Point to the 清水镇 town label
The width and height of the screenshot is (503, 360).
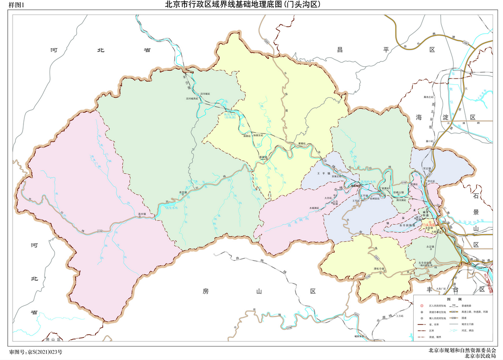(142, 215)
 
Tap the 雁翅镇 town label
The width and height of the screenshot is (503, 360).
(264, 157)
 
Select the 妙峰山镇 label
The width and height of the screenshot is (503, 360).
(399, 193)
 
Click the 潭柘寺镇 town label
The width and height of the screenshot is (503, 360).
(378, 269)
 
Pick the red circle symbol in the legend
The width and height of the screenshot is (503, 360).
(421, 305)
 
